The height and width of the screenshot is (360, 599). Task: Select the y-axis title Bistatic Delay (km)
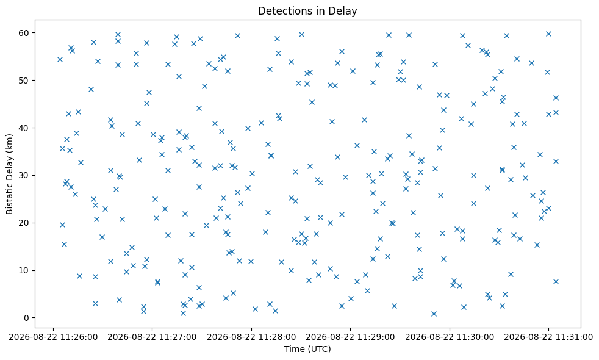point(10,175)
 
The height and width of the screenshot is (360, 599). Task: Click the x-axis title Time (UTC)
point(307,349)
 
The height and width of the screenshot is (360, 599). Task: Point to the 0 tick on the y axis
point(26,318)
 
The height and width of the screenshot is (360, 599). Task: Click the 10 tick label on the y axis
point(24,270)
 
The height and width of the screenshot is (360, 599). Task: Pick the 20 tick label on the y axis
point(24,223)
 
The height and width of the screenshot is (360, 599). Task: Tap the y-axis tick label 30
point(24,175)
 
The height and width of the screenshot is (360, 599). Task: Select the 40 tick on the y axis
point(24,128)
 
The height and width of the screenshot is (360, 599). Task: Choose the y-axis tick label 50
point(24,81)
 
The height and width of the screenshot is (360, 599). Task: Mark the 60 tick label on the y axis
point(24,33)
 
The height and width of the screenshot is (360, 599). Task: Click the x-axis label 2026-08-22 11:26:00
point(53,337)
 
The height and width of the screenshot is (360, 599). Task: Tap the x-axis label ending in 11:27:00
point(152,337)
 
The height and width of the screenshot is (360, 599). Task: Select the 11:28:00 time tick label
point(251,337)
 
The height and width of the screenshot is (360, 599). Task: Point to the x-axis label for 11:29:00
point(350,337)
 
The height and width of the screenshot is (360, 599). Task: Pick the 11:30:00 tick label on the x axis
point(450,337)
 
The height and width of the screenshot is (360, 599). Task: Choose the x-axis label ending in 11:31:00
point(548,337)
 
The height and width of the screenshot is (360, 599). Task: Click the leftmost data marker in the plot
point(60,59)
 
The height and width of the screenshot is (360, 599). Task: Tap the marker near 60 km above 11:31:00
point(548,34)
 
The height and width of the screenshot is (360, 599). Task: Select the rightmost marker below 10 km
point(556,282)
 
